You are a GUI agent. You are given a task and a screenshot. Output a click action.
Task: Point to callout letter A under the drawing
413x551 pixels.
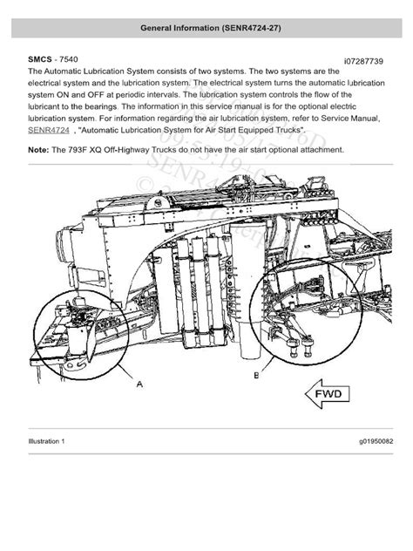[139, 381]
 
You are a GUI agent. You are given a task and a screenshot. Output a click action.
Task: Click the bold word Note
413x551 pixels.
[38, 149]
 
